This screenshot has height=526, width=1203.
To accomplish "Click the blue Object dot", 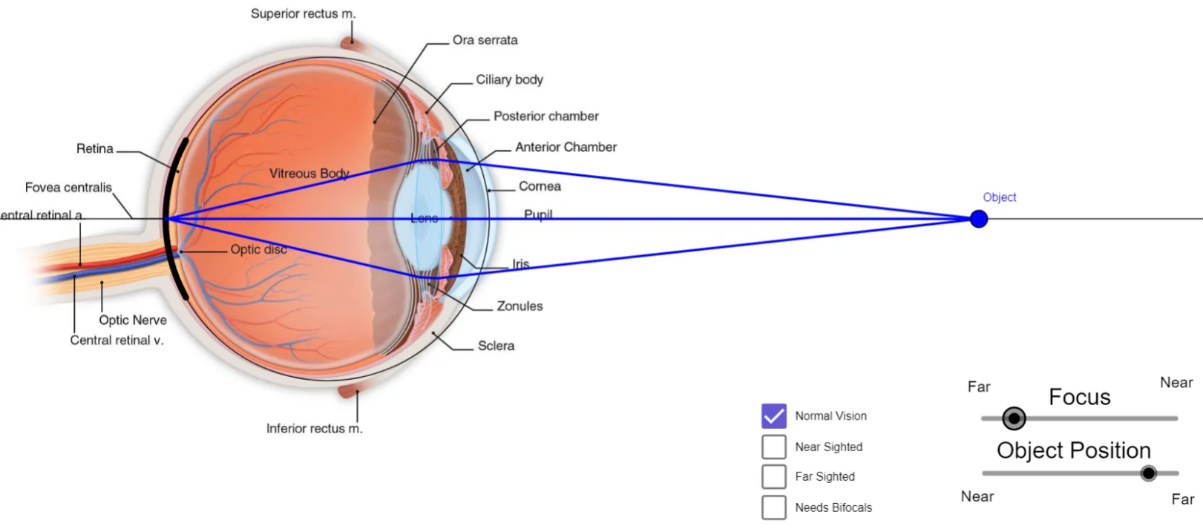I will pos(979,219).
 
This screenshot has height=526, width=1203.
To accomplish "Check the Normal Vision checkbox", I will pos(773,416).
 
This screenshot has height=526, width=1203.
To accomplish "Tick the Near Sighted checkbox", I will pos(773,447).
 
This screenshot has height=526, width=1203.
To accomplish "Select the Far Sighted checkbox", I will pos(773,476).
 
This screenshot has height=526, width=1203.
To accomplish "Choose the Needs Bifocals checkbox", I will pos(773,507).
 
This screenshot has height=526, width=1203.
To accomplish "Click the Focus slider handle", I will pos(1014,418).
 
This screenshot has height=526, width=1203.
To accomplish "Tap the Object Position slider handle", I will pos(1148,473).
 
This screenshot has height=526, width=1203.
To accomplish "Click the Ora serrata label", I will pos(485,40).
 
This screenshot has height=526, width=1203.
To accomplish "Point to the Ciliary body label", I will pos(509,79).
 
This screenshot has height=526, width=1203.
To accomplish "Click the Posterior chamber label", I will pos(545,116).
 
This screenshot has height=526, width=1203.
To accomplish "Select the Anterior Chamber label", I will pos(566,147).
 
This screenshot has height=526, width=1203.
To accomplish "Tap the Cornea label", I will pos(540,186).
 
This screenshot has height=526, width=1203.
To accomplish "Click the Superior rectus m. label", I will pos(303,13).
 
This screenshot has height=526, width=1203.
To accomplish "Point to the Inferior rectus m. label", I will pos(315,428).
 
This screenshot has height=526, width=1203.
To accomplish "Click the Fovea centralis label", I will pos(68,187).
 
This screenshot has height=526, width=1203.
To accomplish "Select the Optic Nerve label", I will pos(133,320).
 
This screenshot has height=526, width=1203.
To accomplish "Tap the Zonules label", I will pos(519,306).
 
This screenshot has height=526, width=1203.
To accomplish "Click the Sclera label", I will pos(496,346).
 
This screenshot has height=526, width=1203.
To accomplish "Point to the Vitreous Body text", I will pos(309,173).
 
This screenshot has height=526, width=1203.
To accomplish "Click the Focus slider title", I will pos(1079,397).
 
